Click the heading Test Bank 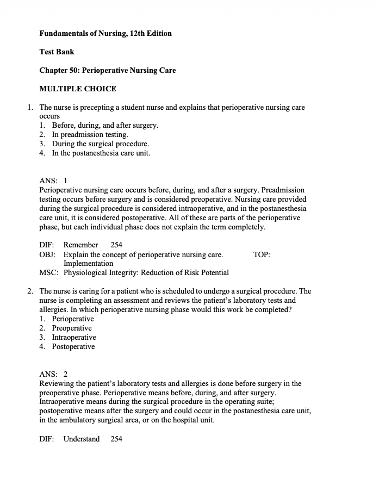57,52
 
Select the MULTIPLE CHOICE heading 78,89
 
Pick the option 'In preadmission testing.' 90,134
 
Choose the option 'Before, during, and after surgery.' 105,125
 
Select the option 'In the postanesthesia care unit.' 101,153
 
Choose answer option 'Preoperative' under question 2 72,328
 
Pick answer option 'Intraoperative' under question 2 74,337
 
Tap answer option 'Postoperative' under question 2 73,346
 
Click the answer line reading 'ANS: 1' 53,180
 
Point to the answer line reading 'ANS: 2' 53,374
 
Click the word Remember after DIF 80,245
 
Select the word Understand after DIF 82,439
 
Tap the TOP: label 262,254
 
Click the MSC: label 48,272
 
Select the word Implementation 88,263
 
